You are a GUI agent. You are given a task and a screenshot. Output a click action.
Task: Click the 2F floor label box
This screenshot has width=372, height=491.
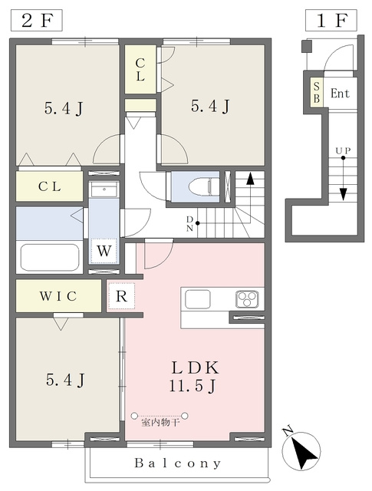pos(37,21)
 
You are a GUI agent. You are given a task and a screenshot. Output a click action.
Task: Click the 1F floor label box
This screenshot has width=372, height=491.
pos(331,21)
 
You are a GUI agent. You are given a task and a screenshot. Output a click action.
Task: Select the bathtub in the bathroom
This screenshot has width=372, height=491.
pos(50,258)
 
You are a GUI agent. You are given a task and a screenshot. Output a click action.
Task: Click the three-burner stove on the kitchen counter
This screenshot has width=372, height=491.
pos(248,299)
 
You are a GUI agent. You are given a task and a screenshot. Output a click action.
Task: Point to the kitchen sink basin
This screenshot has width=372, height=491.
pos(198,299)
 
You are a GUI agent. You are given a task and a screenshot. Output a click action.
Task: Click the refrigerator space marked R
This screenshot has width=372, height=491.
pos(121,296)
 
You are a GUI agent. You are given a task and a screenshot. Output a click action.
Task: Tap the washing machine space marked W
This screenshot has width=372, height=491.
pos(104,251)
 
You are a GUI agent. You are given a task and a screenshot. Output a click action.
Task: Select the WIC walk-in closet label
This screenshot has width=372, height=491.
pos(58,296)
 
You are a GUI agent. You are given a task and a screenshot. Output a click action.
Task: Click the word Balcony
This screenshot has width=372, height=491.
pos(177,463)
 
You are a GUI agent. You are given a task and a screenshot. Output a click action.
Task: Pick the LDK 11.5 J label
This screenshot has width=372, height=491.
pos(194,377)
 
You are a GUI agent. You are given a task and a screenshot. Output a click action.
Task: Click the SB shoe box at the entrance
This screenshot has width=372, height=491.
pos(317,92)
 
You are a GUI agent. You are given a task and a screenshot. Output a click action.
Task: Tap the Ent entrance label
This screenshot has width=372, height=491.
pos(340,94)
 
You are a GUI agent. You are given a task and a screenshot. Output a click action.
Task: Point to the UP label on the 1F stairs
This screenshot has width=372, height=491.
pos(343,151)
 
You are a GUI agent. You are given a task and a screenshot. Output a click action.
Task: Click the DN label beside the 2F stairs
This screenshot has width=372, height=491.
pos(189,223)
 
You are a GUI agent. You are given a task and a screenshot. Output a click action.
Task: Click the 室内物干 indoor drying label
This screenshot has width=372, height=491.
pos(160,423)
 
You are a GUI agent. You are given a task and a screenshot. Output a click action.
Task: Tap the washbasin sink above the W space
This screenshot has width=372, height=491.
pos(104,189)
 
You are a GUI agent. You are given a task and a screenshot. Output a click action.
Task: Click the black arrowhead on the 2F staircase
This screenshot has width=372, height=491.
pos(250,179)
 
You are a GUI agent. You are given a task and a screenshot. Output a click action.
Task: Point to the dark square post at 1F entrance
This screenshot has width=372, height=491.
pos(307,46)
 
